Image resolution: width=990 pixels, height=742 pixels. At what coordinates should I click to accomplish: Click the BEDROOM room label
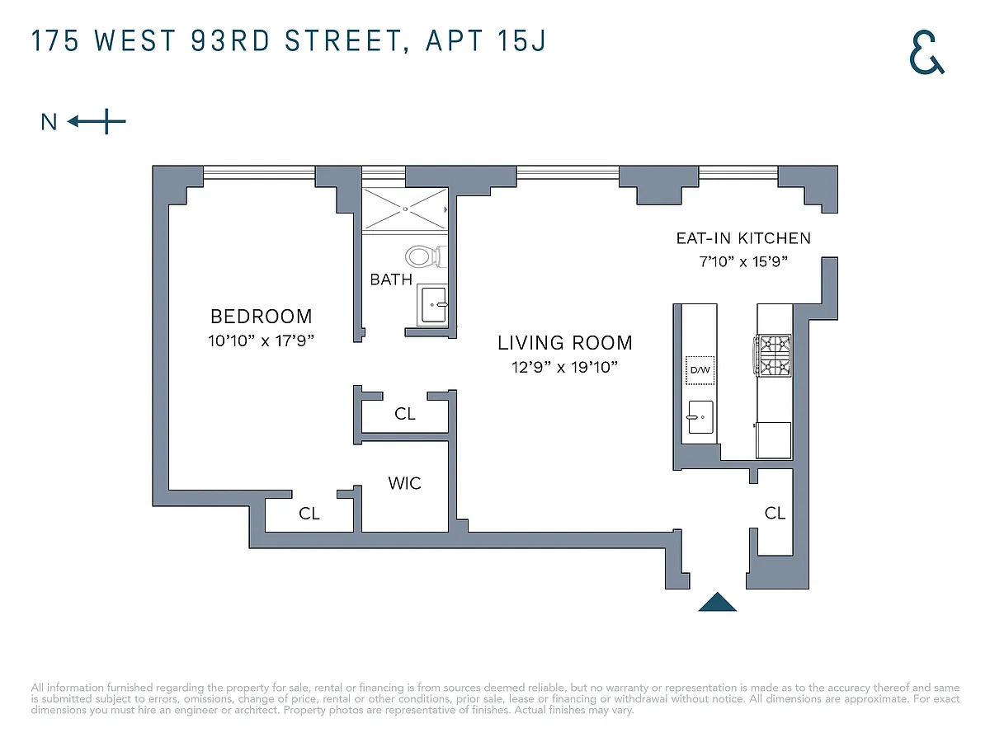(262, 317)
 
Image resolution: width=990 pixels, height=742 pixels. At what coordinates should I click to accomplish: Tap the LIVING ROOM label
(564, 343)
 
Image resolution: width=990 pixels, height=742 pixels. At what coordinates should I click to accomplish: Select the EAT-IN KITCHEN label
(743, 238)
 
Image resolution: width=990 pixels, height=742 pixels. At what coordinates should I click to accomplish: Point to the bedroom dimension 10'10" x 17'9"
(261, 340)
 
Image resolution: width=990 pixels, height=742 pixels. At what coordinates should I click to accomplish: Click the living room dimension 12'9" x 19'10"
(564, 367)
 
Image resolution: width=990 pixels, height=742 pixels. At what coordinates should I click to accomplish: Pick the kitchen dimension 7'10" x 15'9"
(743, 261)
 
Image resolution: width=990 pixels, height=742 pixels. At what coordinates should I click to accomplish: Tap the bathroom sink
(433, 304)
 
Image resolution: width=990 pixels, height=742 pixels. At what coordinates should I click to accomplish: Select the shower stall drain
(405, 209)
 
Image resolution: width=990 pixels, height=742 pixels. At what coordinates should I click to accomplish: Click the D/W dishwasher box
(700, 370)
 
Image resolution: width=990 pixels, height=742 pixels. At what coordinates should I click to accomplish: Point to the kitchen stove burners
(772, 355)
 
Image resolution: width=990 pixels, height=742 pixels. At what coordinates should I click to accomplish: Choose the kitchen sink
(700, 417)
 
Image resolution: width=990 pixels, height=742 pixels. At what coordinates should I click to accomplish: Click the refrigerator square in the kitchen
(773, 440)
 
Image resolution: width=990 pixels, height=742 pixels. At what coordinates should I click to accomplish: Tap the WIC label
(404, 483)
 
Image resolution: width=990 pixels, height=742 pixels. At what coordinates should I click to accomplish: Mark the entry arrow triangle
(717, 602)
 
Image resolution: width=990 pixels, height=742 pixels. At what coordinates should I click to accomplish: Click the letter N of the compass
(49, 122)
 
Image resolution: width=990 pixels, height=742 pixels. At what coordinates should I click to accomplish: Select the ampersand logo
(926, 52)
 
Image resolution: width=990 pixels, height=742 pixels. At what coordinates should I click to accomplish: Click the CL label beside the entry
(775, 513)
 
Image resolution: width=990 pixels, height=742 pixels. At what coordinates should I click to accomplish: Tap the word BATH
(391, 279)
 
